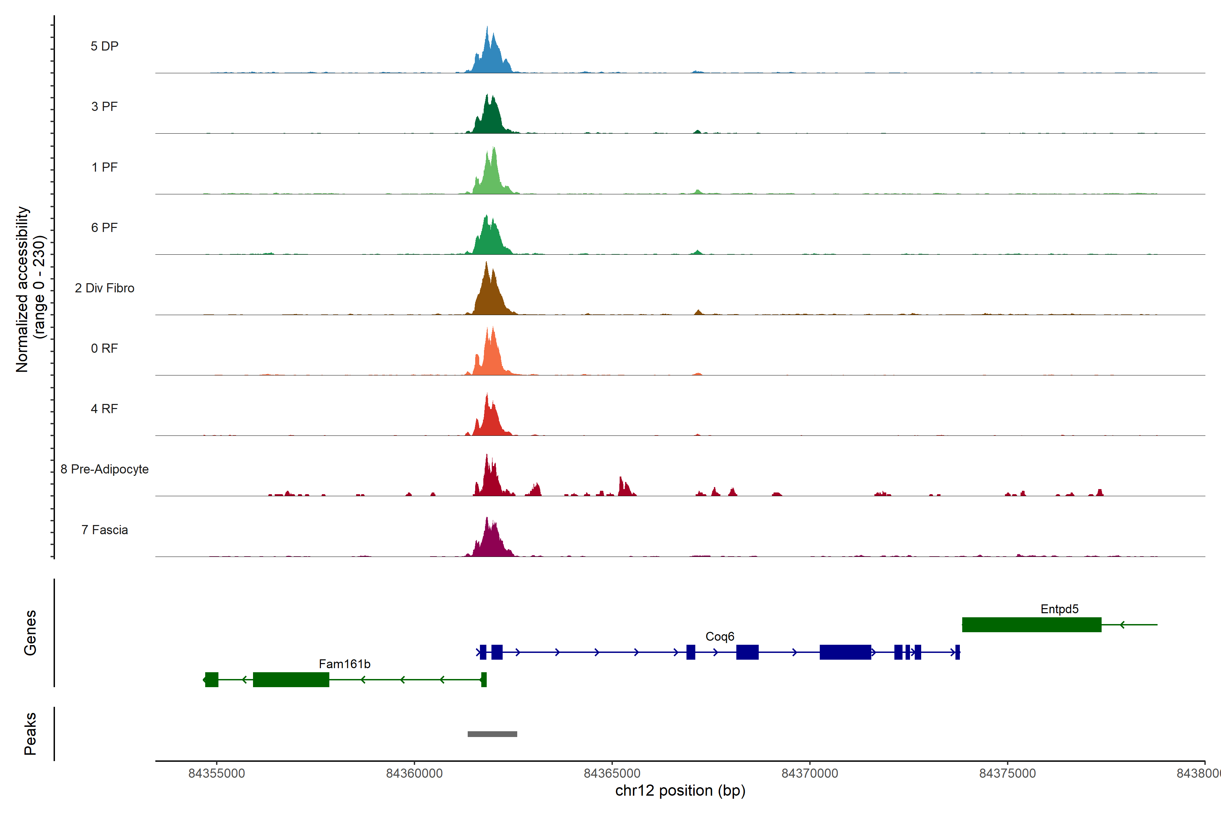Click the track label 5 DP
(x=104, y=46)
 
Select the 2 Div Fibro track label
(x=104, y=288)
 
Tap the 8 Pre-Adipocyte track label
(x=104, y=469)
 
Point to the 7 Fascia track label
(x=104, y=530)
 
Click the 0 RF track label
(x=104, y=348)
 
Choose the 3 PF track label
(x=104, y=106)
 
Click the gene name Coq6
(x=719, y=637)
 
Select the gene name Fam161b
(x=344, y=664)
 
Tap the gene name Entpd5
(x=1059, y=609)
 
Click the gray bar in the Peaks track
(x=492, y=734)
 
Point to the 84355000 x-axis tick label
(x=216, y=774)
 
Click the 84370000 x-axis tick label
(x=809, y=774)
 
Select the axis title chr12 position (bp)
(x=680, y=791)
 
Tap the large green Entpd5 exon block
(x=1031, y=624)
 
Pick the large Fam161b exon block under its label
(x=291, y=680)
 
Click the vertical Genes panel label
(x=30, y=633)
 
